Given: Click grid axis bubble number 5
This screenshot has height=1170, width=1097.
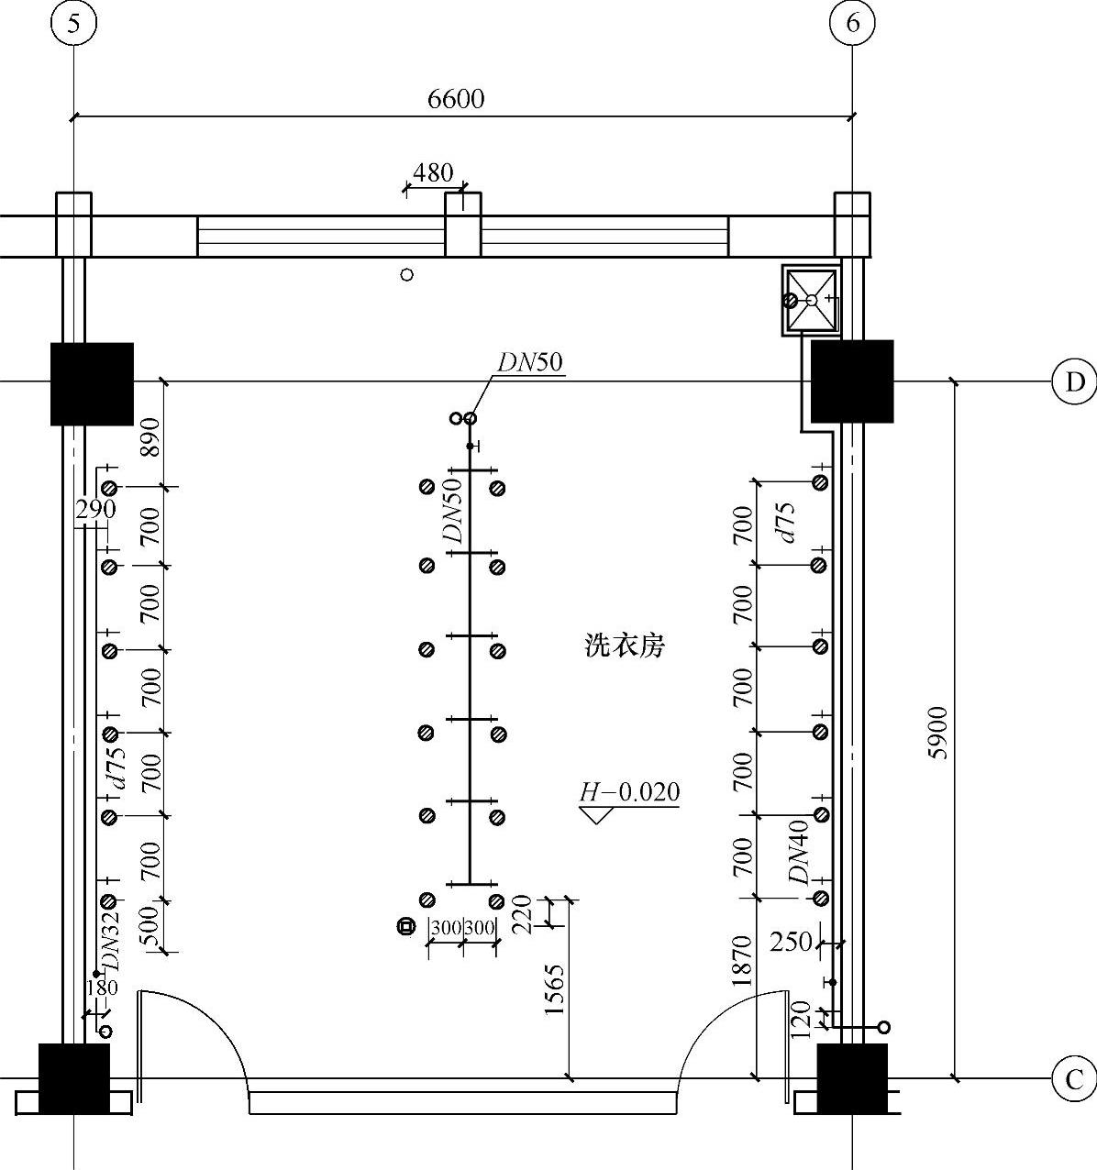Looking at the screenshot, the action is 73,24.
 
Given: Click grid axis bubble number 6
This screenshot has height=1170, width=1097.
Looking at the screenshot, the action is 852,24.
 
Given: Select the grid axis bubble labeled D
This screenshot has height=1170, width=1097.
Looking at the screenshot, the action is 1074,381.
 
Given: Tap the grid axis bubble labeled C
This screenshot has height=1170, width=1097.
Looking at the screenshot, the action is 1074,1079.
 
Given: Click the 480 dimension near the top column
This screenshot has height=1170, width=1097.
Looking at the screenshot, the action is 433,172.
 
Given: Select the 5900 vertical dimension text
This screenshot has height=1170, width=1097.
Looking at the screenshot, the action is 937,733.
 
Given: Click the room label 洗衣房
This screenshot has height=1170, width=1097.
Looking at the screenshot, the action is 625,646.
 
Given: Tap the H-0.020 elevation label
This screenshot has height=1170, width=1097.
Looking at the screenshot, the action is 629,792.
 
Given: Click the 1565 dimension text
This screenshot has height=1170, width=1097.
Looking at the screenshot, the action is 555,989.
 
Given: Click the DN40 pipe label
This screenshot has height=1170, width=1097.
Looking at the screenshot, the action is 801,853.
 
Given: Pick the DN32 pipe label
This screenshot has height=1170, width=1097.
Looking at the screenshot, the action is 111,942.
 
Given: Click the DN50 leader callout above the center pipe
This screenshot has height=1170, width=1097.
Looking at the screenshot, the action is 530,362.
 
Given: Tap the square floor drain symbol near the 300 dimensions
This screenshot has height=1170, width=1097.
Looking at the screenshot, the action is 405,926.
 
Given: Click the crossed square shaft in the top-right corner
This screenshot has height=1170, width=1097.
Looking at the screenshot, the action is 812,300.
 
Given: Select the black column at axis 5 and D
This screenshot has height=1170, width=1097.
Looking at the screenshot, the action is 92,383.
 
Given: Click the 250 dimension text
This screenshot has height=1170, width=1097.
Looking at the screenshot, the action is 791,942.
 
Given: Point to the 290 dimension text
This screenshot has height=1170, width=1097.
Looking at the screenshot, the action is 95,508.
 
